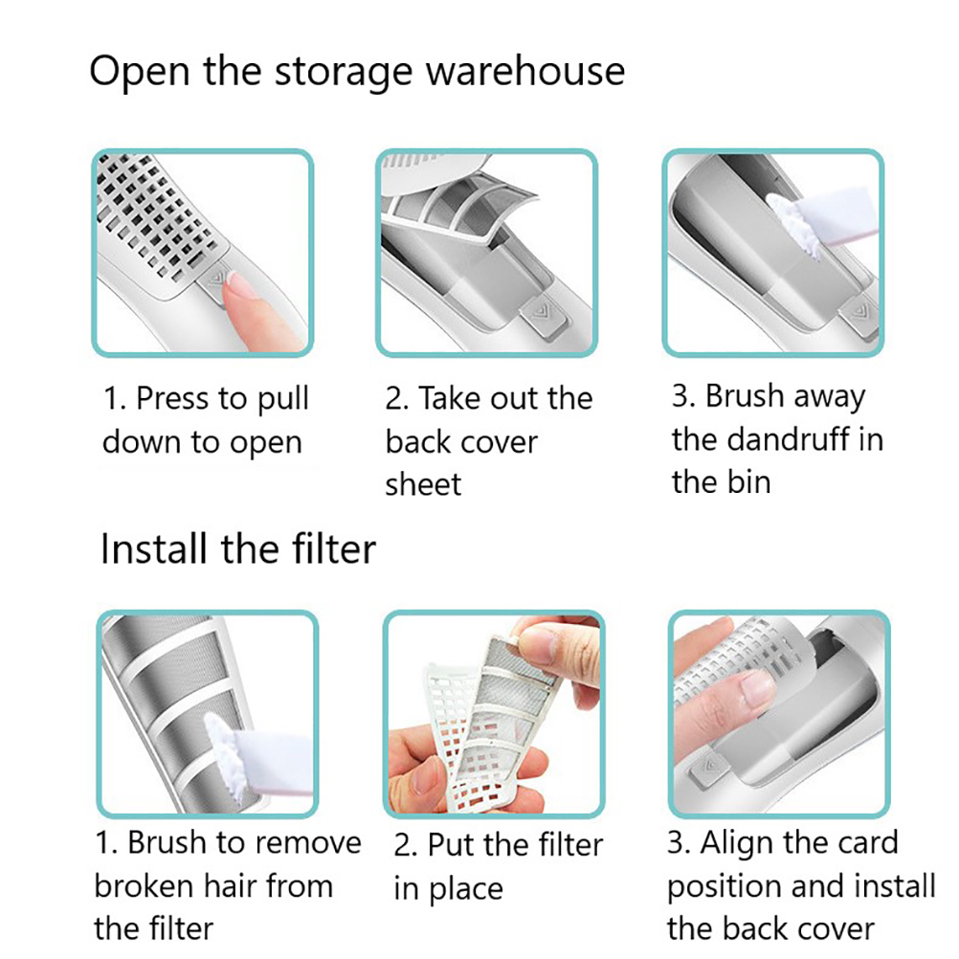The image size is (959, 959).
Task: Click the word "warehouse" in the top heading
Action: (x=524, y=71)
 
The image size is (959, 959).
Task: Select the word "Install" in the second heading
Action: (x=153, y=548)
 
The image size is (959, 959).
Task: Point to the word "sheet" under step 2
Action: (x=423, y=484)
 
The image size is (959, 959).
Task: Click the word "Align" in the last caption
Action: (x=737, y=844)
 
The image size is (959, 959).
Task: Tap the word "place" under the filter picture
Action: (x=466, y=890)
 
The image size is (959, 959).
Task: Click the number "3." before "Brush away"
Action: (x=683, y=395)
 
